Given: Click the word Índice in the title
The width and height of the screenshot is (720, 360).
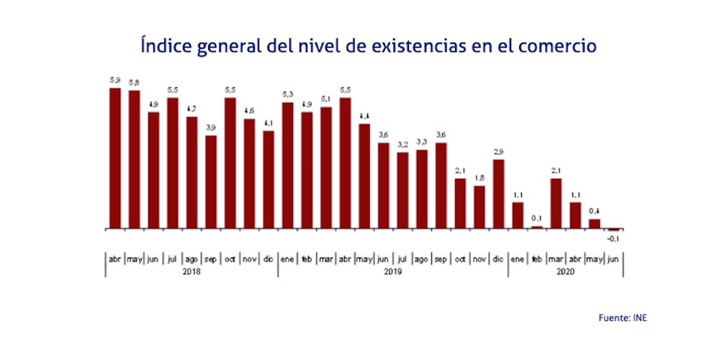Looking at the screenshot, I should click(x=164, y=46).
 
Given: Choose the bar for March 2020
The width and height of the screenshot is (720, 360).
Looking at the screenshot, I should click(x=556, y=203).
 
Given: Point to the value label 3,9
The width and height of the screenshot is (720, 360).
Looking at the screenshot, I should click(x=211, y=127).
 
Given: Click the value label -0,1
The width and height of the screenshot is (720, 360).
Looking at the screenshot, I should click(x=613, y=238).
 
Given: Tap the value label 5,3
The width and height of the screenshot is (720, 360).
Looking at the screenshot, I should click(x=287, y=94).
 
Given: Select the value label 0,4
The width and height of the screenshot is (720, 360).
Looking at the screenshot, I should click(x=594, y=211).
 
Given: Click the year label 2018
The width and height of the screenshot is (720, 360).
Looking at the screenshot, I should click(x=191, y=271).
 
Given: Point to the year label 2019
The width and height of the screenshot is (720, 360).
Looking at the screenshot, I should click(x=392, y=271).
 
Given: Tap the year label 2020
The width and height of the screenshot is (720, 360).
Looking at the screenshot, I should click(x=565, y=271).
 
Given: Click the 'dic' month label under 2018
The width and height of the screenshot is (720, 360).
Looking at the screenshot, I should click(x=268, y=258).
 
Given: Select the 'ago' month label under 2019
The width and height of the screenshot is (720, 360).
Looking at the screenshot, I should click(x=422, y=258).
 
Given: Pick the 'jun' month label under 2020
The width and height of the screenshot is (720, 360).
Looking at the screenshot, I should click(x=613, y=258).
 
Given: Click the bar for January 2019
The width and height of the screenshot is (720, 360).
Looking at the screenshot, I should click(x=287, y=166).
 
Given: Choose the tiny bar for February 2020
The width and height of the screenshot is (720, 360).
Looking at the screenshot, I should click(x=536, y=227).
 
